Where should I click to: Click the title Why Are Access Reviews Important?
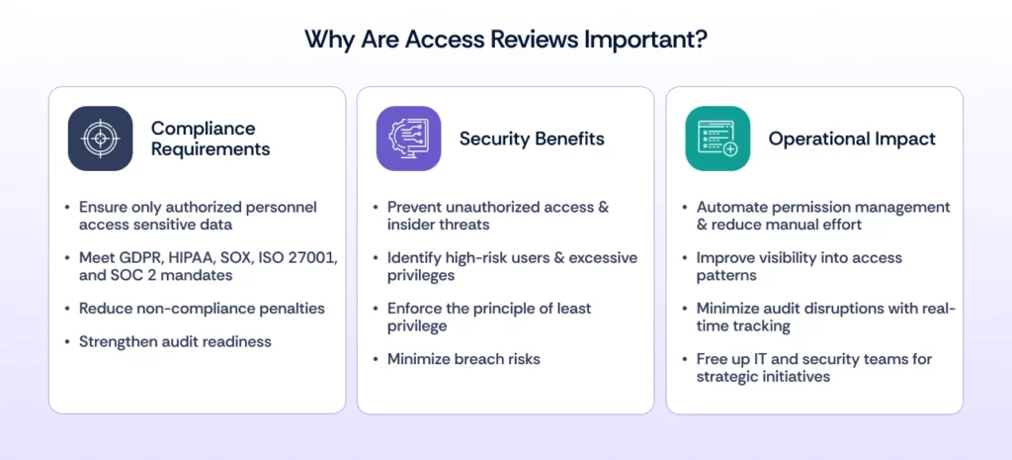(505, 40)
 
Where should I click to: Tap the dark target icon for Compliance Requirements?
(100, 138)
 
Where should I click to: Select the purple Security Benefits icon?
(408, 138)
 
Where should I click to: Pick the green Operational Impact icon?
(717, 138)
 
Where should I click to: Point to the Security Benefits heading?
(531, 138)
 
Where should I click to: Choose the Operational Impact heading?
(851, 138)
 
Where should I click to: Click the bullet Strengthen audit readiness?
(175, 341)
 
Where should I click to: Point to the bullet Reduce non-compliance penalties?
(202, 309)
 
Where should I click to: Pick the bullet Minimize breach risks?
(464, 359)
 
